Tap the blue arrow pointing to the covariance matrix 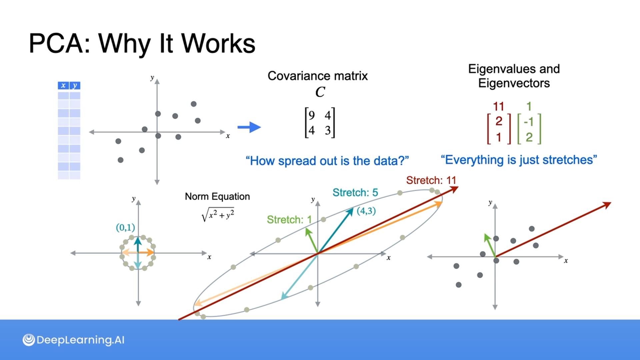(249, 127)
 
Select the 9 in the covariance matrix (312, 115)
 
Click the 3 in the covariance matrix (328, 130)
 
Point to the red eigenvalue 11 (498, 107)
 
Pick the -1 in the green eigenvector (529, 122)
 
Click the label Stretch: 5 (355, 193)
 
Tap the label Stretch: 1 (289, 220)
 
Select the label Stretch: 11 (431, 180)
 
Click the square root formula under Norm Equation (218, 215)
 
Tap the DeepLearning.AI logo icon (29, 340)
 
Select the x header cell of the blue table (63, 86)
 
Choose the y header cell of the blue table (75, 86)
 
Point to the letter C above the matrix (320, 92)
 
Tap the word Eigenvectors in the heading (514, 83)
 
